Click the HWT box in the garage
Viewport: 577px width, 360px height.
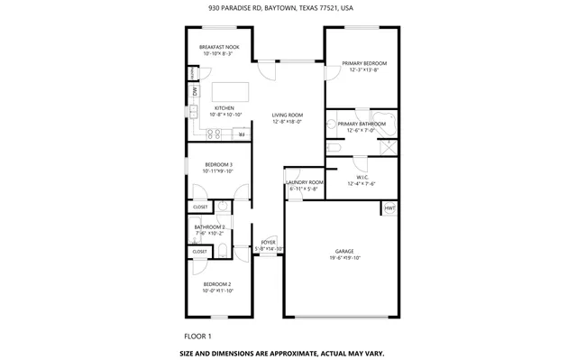point(389,208)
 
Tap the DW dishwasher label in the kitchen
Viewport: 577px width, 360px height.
point(195,91)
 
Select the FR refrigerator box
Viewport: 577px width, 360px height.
point(241,134)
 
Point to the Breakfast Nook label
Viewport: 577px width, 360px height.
point(218,47)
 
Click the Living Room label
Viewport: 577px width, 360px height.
point(288,115)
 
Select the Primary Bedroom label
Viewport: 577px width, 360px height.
point(364,63)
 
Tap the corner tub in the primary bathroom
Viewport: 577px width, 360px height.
point(388,125)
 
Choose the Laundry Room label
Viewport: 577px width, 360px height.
point(304,183)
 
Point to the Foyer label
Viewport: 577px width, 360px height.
point(268,243)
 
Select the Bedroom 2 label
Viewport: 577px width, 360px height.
point(217,284)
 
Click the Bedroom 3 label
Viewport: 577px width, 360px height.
point(218,164)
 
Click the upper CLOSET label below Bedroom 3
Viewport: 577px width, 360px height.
point(199,208)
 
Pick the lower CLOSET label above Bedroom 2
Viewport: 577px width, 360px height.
point(199,252)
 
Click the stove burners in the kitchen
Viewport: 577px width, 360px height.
point(215,134)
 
